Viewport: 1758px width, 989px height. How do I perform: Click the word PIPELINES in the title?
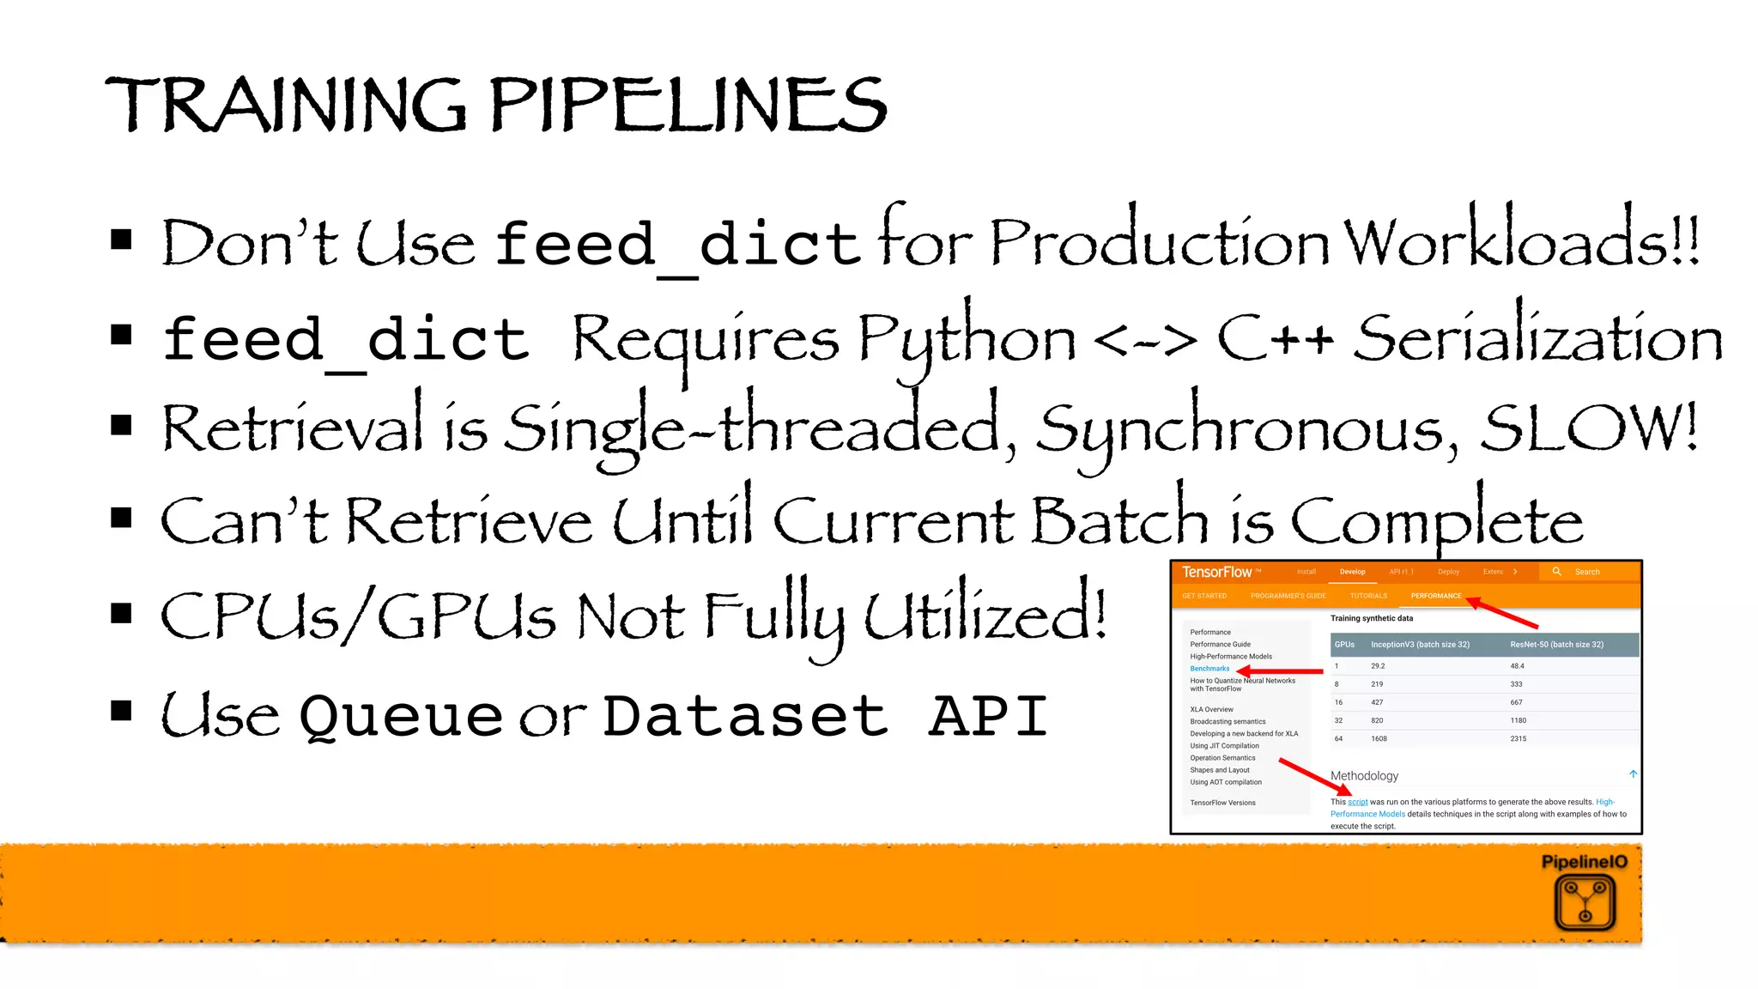688,106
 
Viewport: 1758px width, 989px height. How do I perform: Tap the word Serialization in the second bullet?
1538,338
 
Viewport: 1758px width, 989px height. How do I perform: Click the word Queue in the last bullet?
401,716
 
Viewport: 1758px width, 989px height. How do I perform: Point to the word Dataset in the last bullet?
745,716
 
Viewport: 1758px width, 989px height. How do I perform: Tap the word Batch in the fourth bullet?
1119,520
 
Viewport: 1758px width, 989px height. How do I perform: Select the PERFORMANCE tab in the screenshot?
1435,596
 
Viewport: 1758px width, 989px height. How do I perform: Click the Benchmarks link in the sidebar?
1209,669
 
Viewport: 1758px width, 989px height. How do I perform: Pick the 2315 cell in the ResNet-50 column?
1518,738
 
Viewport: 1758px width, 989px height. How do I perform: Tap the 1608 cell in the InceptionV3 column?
1379,738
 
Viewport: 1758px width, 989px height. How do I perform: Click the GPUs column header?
1344,645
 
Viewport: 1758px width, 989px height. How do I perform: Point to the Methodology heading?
1364,776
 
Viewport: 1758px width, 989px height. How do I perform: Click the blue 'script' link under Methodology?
1357,802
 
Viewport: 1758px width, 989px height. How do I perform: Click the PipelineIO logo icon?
1585,901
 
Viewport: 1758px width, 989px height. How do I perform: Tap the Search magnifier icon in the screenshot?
1556,572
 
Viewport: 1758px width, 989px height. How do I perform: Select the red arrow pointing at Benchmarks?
1280,670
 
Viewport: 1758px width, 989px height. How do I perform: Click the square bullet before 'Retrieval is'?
121,425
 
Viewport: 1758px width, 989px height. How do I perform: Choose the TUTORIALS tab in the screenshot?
1368,596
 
